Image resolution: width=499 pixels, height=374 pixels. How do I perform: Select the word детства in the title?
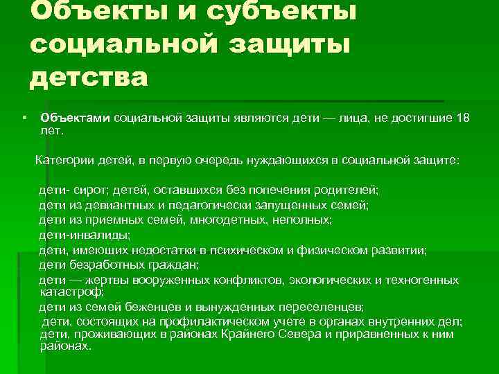89,77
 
